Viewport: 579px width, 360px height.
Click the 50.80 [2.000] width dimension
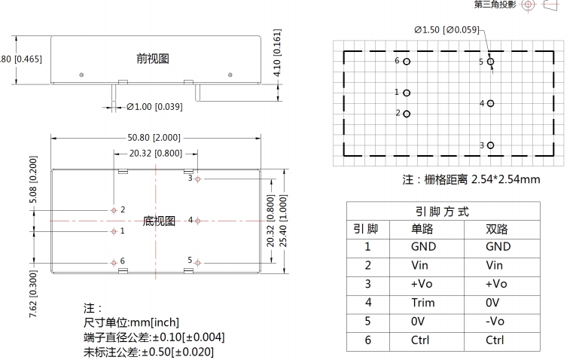pyautogui.click(x=153, y=138)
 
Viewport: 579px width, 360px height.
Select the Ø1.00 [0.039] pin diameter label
pyautogui.click(x=154, y=107)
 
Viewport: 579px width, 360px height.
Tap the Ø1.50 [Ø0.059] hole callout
pyautogui.click(x=446, y=30)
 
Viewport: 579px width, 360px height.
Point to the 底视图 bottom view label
pyautogui.click(x=159, y=221)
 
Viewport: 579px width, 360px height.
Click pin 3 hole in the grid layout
pyautogui.click(x=491, y=145)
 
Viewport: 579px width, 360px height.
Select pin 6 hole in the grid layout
pyautogui.click(x=407, y=62)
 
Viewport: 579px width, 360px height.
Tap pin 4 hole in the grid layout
pyautogui.click(x=491, y=104)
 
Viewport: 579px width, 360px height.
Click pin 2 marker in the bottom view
pyautogui.click(x=114, y=210)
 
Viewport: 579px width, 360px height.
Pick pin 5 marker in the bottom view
pyautogui.click(x=198, y=262)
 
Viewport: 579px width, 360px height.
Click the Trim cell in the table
pyautogui.click(x=423, y=303)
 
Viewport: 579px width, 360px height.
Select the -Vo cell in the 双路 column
pyautogui.click(x=497, y=322)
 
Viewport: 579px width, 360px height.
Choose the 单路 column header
pyautogui.click(x=423, y=229)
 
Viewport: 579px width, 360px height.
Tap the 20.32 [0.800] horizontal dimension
pyautogui.click(x=155, y=154)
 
